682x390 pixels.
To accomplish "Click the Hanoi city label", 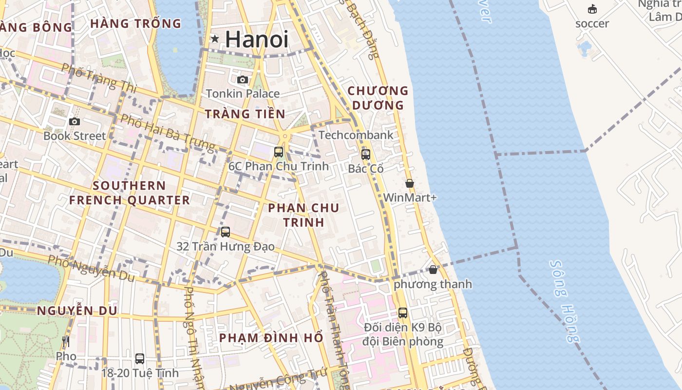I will pyautogui.click(x=257, y=39).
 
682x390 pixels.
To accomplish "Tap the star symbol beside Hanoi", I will pyautogui.click(x=214, y=39).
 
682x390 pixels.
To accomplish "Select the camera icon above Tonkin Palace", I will pyautogui.click(x=242, y=79).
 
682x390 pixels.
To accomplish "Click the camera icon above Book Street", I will pyautogui.click(x=75, y=121).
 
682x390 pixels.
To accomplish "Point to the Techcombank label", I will pyautogui.click(x=356, y=135).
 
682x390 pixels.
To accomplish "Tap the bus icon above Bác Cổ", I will pyautogui.click(x=365, y=155).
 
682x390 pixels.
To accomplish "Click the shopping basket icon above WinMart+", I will pyautogui.click(x=410, y=183).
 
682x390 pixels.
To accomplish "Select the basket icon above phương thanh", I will pyautogui.click(x=433, y=270).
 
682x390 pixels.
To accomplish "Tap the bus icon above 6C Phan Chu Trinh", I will pyautogui.click(x=279, y=152).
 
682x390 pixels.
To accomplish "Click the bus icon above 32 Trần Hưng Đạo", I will pyautogui.click(x=225, y=232).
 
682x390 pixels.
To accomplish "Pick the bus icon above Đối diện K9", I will pyautogui.click(x=403, y=313).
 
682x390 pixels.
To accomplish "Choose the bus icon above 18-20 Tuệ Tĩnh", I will pyautogui.click(x=140, y=359).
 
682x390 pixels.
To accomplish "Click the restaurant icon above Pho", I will pyautogui.click(x=66, y=342).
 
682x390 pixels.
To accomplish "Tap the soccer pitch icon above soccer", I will pyautogui.click(x=592, y=9).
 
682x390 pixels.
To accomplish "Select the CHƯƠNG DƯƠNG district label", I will pyautogui.click(x=378, y=98).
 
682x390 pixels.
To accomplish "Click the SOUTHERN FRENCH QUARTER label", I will pyautogui.click(x=129, y=193).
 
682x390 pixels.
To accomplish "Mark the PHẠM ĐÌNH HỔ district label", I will pyautogui.click(x=271, y=338).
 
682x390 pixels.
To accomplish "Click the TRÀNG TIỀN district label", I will pyautogui.click(x=245, y=114).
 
